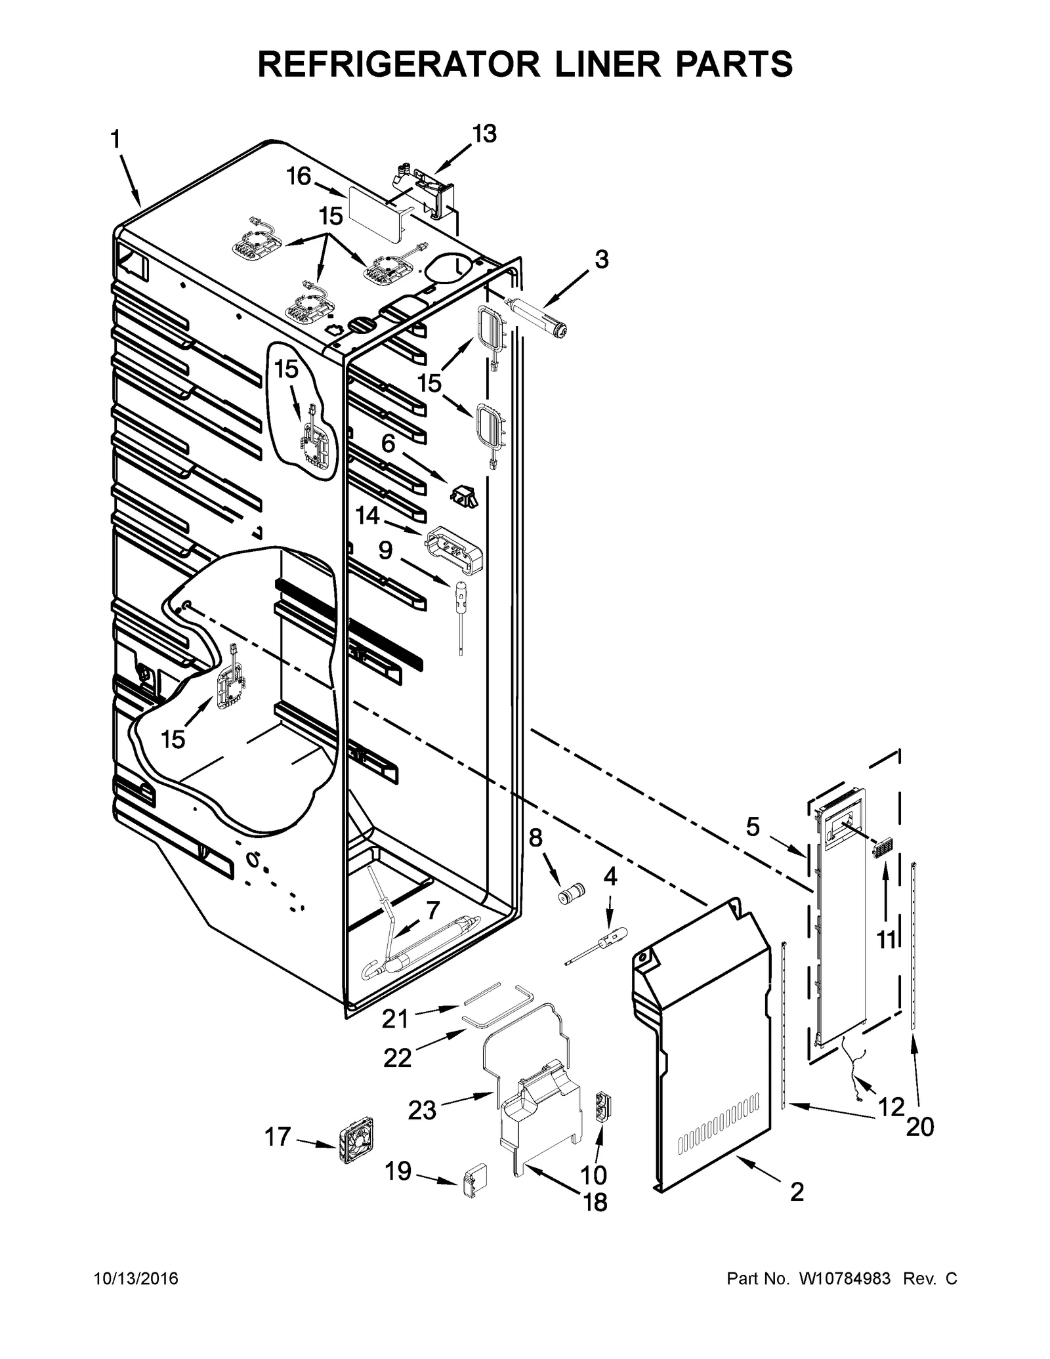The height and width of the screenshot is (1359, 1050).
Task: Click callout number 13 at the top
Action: click(x=484, y=134)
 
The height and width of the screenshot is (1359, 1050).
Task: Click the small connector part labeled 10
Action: click(x=602, y=1108)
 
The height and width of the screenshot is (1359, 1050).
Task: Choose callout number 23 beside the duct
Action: click(x=422, y=1110)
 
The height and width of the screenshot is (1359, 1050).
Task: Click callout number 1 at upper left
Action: click(x=115, y=140)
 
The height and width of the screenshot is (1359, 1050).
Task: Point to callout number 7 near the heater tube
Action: click(x=432, y=911)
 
